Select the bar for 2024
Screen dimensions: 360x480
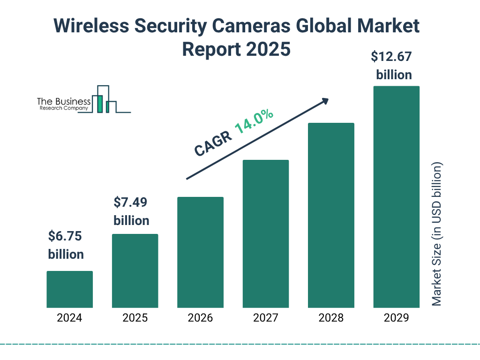tap(69, 289)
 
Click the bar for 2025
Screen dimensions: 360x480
tap(135, 271)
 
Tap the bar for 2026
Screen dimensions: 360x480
tap(200, 252)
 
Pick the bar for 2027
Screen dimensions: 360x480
tap(265, 234)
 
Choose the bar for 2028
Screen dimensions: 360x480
tap(331, 215)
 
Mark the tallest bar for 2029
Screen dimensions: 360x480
tap(396, 197)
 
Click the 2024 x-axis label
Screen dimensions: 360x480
tap(69, 318)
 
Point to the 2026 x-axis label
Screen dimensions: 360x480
tap(200, 318)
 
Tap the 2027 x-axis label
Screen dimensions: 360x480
tap(265, 318)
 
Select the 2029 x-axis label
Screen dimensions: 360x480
tap(396, 318)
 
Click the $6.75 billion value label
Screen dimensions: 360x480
tap(66, 245)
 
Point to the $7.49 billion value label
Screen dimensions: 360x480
tap(132, 211)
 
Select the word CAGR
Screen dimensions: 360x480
tap(212, 143)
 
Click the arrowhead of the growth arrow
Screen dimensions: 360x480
tap(324, 101)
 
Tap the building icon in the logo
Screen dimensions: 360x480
tap(104, 99)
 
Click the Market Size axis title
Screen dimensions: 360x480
tap(437, 234)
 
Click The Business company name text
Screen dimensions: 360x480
tap(64, 102)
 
